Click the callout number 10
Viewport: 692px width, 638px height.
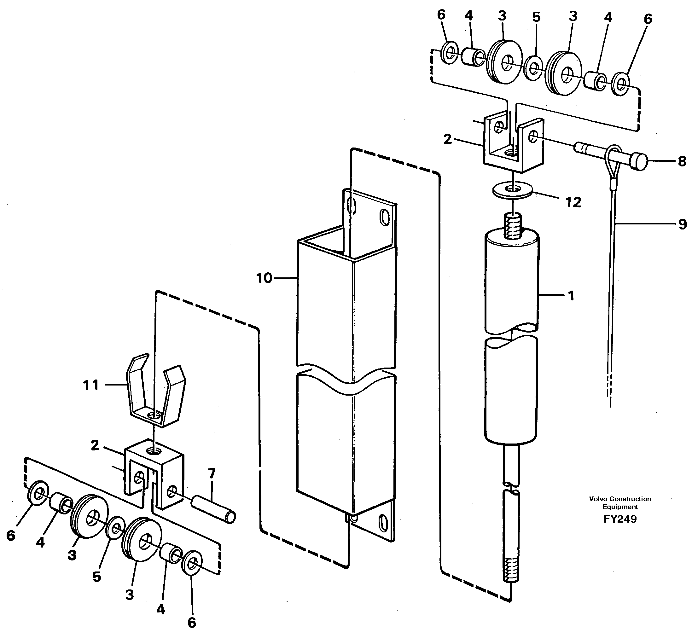[264, 278]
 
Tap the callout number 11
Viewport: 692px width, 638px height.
[91, 385]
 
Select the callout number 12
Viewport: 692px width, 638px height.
[573, 202]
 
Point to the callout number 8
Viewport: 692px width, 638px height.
[682, 161]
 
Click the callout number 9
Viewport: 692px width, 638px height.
[683, 224]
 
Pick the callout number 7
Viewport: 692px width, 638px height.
[212, 473]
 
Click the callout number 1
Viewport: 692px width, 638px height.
[571, 296]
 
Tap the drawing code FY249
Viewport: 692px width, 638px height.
[620, 519]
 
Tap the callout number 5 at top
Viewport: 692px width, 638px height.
[536, 17]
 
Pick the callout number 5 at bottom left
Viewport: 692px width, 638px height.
[97, 577]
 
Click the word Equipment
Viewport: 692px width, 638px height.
[620, 507]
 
